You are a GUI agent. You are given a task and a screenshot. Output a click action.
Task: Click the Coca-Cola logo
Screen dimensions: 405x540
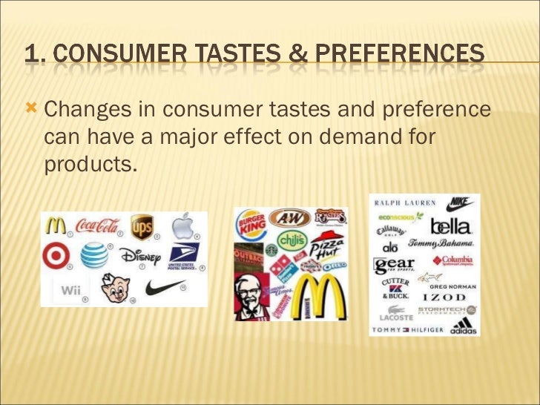point(97,225)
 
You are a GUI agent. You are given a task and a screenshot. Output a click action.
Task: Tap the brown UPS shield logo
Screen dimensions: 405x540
point(142,226)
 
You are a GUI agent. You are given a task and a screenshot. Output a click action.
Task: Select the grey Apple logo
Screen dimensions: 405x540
point(183,225)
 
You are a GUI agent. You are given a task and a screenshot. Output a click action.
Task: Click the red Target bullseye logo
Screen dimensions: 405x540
point(56,256)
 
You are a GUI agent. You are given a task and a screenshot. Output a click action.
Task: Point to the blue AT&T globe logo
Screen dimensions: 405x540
point(94,255)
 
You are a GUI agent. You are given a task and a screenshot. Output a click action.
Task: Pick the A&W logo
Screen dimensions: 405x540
point(289,217)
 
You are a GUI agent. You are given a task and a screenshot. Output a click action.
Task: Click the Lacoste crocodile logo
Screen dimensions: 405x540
point(393,312)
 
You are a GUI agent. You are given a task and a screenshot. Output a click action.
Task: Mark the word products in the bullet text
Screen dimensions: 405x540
point(90,164)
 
